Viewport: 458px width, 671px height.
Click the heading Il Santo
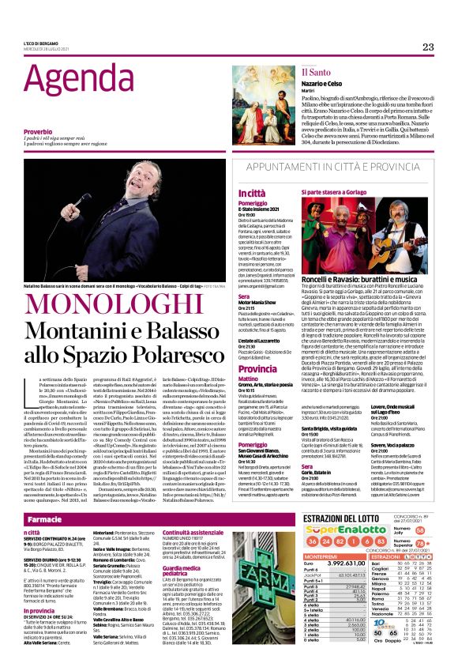[314, 72]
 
